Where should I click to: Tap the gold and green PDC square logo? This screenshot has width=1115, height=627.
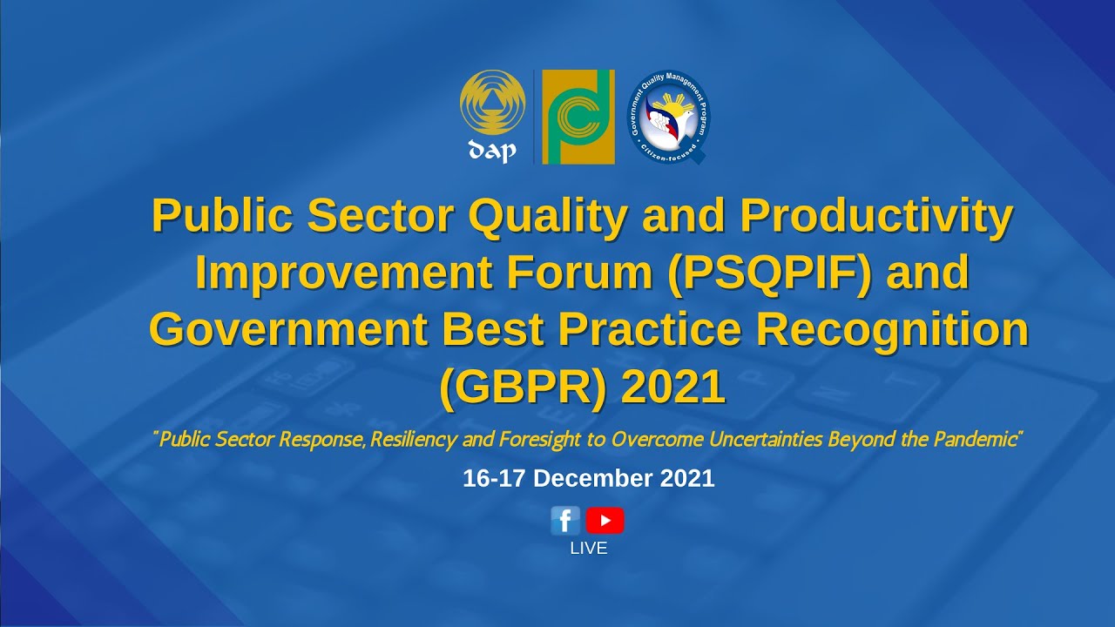click(578, 117)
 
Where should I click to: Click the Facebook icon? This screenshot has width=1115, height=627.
click(565, 521)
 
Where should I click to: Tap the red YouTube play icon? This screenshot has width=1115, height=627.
click(605, 521)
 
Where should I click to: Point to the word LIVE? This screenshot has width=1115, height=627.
click(589, 549)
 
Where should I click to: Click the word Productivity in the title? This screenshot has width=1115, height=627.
click(877, 217)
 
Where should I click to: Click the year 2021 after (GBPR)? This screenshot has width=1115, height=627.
click(673, 388)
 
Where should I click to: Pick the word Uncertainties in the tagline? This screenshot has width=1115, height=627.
click(763, 439)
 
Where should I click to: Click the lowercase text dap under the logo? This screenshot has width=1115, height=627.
click(492, 151)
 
